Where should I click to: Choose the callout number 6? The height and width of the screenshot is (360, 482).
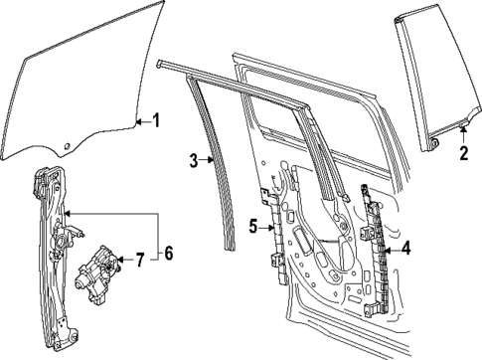168,255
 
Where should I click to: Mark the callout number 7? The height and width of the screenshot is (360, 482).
139,262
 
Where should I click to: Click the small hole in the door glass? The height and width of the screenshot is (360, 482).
66,148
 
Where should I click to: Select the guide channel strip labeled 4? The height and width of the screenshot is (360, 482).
377,249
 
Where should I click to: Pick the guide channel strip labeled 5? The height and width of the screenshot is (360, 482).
273,239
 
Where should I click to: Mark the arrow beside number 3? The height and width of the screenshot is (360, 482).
209,158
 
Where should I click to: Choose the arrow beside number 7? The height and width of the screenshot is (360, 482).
124,262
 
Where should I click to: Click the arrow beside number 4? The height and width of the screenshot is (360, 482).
390,250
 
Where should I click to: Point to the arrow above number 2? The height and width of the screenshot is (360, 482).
463,133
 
